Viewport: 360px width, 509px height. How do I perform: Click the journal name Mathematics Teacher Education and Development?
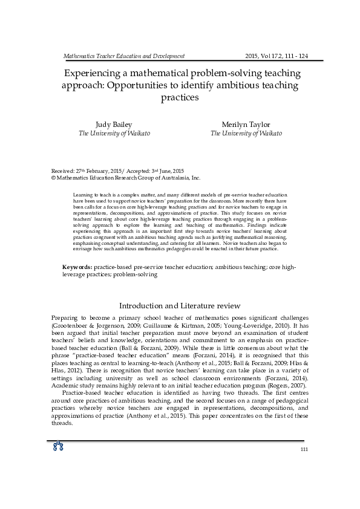point(124,56)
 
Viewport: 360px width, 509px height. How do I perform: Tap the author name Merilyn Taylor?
point(246,125)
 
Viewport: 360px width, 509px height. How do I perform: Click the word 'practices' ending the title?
point(180,97)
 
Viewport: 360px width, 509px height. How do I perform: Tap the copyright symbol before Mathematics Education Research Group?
point(53,178)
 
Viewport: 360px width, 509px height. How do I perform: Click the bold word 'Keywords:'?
point(77,267)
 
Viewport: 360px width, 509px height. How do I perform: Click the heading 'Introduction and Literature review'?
point(180,306)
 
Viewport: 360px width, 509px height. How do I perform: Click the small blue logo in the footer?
point(59,447)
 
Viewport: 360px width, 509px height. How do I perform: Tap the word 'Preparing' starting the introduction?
point(65,318)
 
